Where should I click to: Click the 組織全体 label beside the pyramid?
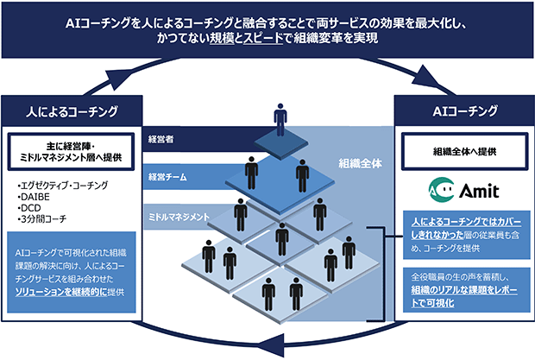pyautogui.click(x=359, y=162)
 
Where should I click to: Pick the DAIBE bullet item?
pyautogui.click(x=35, y=196)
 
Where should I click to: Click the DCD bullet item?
pyautogui.click(x=30, y=207)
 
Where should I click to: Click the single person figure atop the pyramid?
pyautogui.click(x=279, y=118)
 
